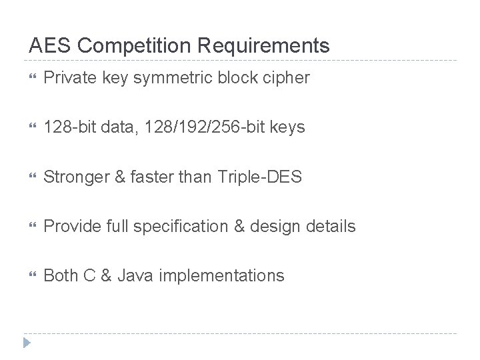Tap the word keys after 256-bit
pos(287,127)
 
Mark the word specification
pos(177,226)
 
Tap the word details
pos(332,226)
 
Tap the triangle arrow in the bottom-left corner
pos(27,343)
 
